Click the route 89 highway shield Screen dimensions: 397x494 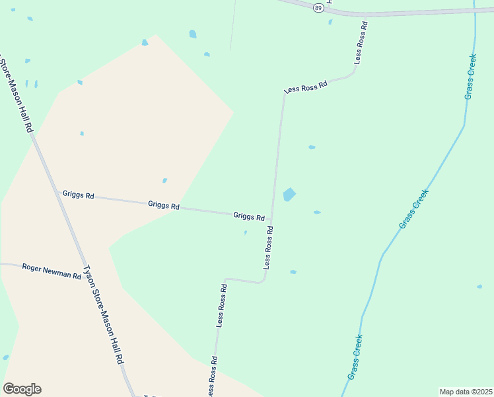point(319,7)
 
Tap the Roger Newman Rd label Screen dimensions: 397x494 point(51,271)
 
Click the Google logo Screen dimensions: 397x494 point(22,389)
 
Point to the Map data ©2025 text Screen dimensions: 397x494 point(466,392)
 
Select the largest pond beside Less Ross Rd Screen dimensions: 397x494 point(289,195)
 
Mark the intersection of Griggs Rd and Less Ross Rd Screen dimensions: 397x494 point(271,220)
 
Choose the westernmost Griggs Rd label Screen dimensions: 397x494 point(79,196)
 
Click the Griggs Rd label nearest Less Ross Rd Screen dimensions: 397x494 point(249,216)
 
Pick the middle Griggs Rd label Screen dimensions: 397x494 point(164,206)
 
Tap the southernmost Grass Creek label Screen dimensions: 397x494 point(355,357)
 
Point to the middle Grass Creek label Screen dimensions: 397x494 point(414,209)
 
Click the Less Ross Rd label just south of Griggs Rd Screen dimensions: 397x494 point(268,247)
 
